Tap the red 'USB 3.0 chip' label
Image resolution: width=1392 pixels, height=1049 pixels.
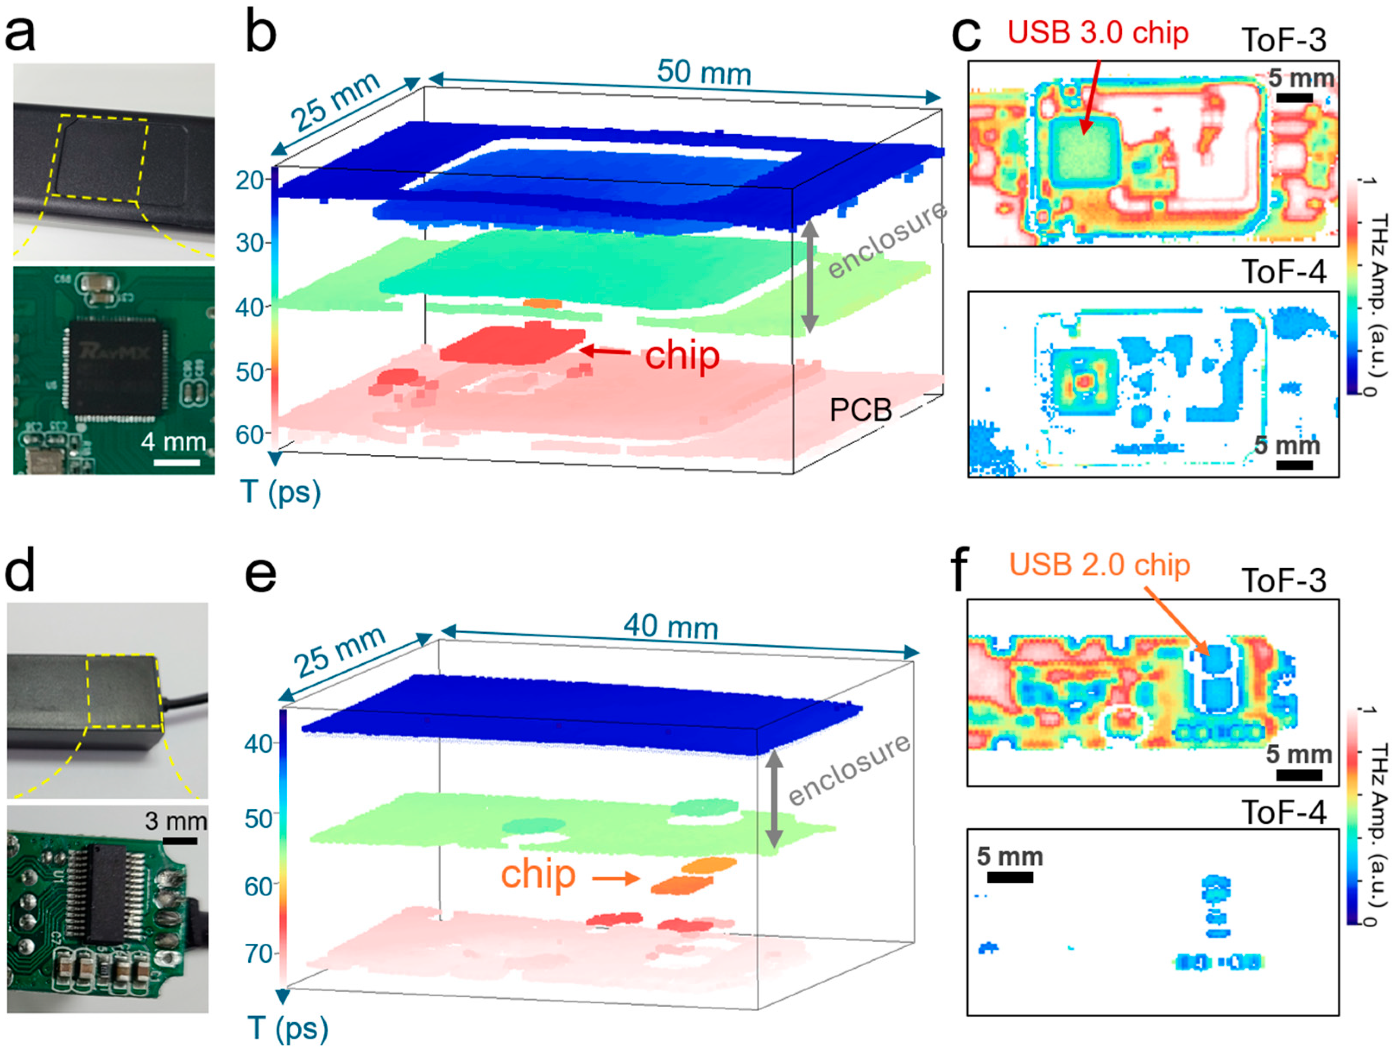point(1098,33)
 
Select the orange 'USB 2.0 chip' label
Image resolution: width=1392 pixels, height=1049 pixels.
point(1099,564)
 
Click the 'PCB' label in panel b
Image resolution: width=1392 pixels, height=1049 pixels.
point(860,411)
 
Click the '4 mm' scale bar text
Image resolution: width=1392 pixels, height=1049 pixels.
point(174,442)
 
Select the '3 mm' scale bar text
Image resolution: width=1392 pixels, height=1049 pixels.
point(176,821)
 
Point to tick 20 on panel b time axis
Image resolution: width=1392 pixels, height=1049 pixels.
point(250,181)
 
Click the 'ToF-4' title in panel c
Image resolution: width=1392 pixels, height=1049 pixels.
point(1284,272)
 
